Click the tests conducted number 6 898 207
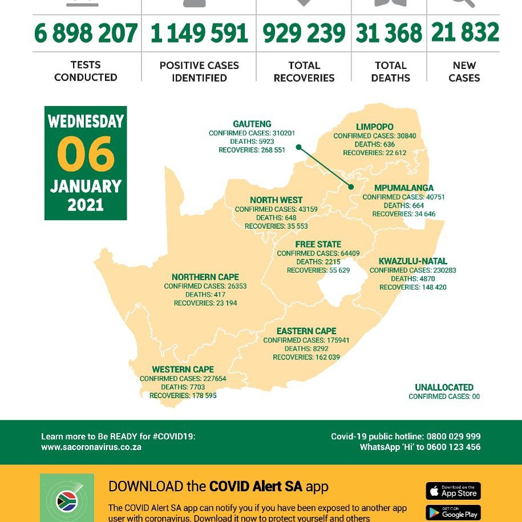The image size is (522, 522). (86, 34)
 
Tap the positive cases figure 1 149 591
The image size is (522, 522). (199, 34)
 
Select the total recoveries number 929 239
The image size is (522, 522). (304, 34)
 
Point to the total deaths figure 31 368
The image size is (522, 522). (389, 34)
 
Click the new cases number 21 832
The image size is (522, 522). (465, 33)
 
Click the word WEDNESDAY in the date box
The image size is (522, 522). (86, 122)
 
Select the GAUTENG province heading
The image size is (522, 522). (252, 124)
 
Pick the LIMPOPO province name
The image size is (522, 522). (375, 127)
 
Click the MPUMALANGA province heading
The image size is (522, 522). (404, 188)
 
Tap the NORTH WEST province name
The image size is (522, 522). (276, 200)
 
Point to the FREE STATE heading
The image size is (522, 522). (318, 245)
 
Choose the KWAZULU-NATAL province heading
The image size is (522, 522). (413, 261)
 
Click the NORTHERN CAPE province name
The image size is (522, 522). (205, 277)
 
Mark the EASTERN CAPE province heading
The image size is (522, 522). (306, 331)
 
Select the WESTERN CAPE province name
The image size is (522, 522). (183, 370)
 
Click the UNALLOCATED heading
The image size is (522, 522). (444, 387)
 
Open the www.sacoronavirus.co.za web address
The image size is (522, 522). (91, 447)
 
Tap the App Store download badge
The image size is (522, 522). (454, 491)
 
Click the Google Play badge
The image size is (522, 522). (454, 513)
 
